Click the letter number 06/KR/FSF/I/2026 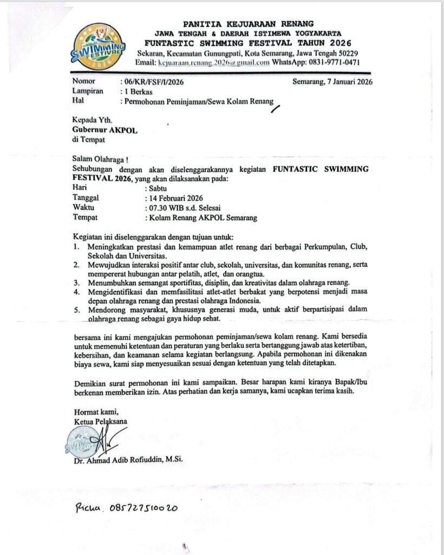click(155, 82)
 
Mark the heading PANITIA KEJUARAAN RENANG click(249, 24)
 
